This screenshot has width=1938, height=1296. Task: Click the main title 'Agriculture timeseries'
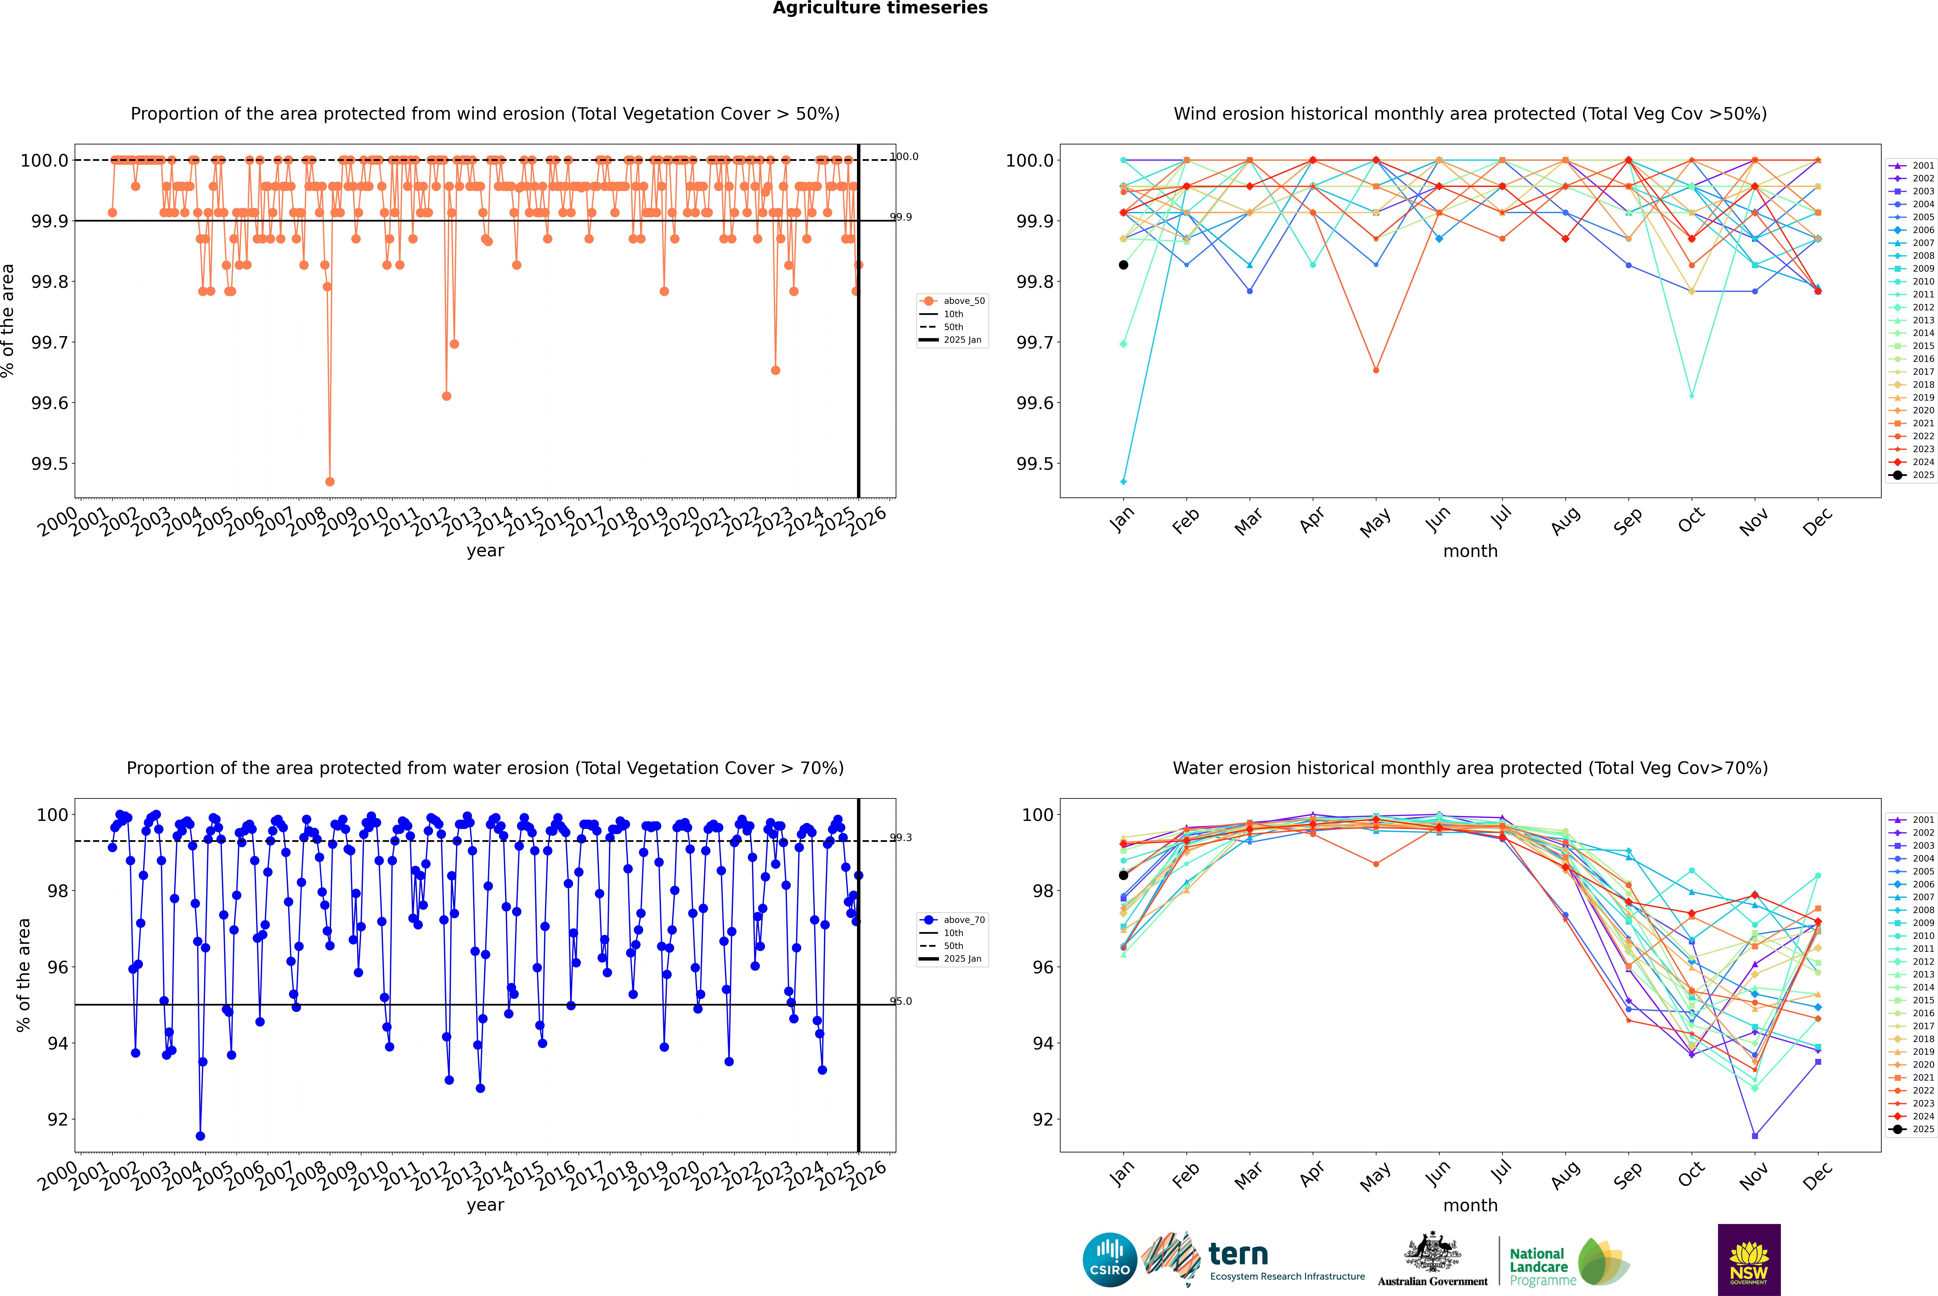tap(880, 8)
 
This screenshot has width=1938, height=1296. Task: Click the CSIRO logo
tap(1110, 1260)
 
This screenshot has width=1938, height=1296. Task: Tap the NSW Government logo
tap(1749, 1260)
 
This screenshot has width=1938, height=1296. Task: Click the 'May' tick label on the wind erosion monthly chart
tap(1375, 522)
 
